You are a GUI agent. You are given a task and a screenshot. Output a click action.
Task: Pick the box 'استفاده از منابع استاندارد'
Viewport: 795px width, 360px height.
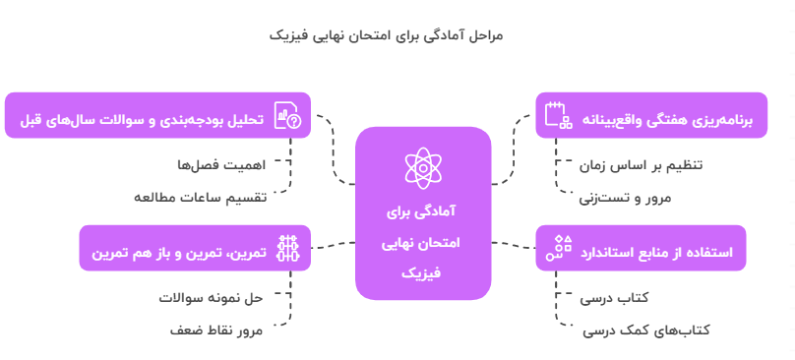pos(641,249)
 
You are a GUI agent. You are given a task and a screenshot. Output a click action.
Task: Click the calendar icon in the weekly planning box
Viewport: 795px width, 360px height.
pos(558,115)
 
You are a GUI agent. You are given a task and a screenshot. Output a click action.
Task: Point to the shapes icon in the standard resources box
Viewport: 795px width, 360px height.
pos(561,249)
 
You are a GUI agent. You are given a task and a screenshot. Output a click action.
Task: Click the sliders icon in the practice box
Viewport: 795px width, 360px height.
pos(287,249)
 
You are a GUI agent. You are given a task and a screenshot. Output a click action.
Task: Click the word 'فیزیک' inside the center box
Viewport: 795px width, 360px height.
pos(423,271)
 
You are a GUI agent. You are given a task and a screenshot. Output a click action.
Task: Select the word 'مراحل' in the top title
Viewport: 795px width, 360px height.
pos(482,35)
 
